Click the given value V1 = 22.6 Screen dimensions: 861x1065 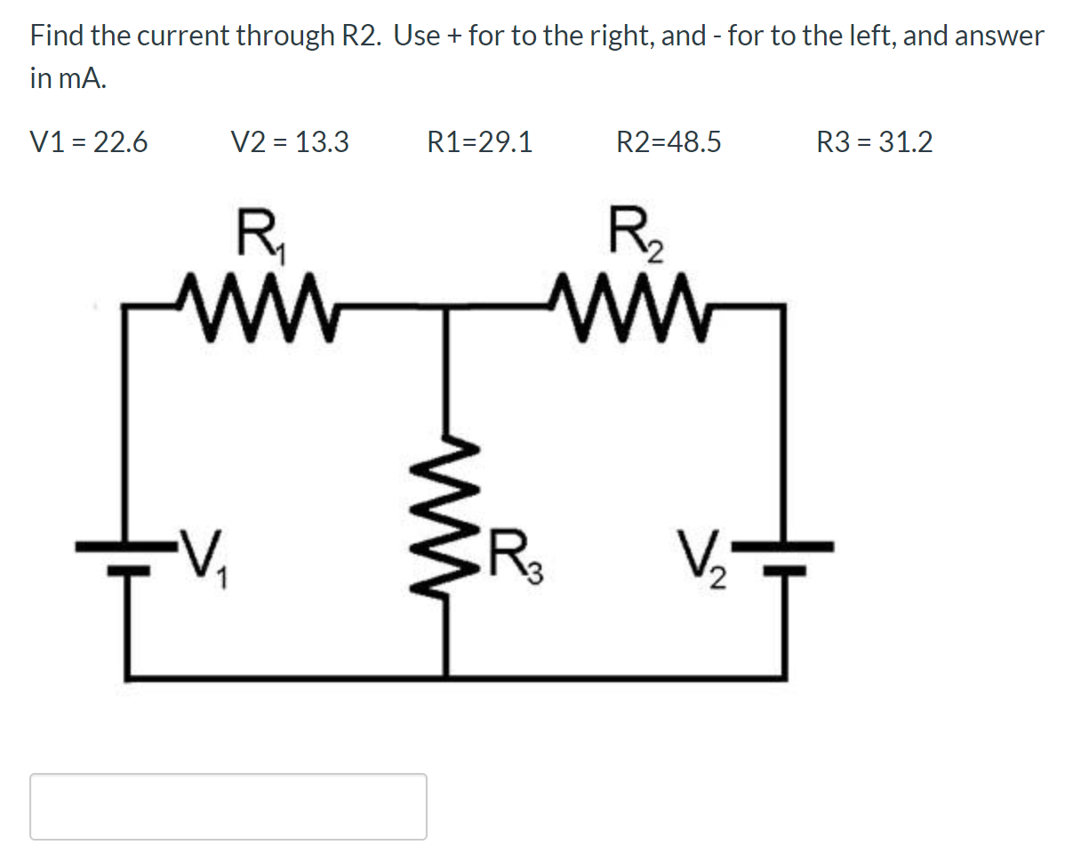click(x=89, y=142)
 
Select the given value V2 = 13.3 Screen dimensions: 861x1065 click(x=289, y=142)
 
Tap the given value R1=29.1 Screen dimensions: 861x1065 click(x=480, y=142)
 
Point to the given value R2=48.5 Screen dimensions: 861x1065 click(x=669, y=142)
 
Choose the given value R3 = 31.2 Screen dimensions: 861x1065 click(x=874, y=142)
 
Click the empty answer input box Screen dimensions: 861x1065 click(x=228, y=806)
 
